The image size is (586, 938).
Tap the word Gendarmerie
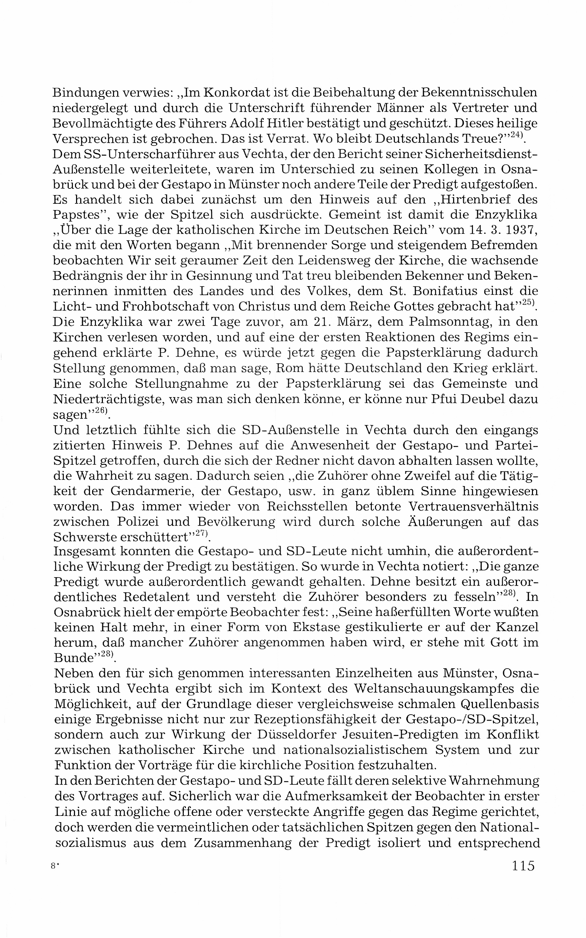click(x=151, y=491)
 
